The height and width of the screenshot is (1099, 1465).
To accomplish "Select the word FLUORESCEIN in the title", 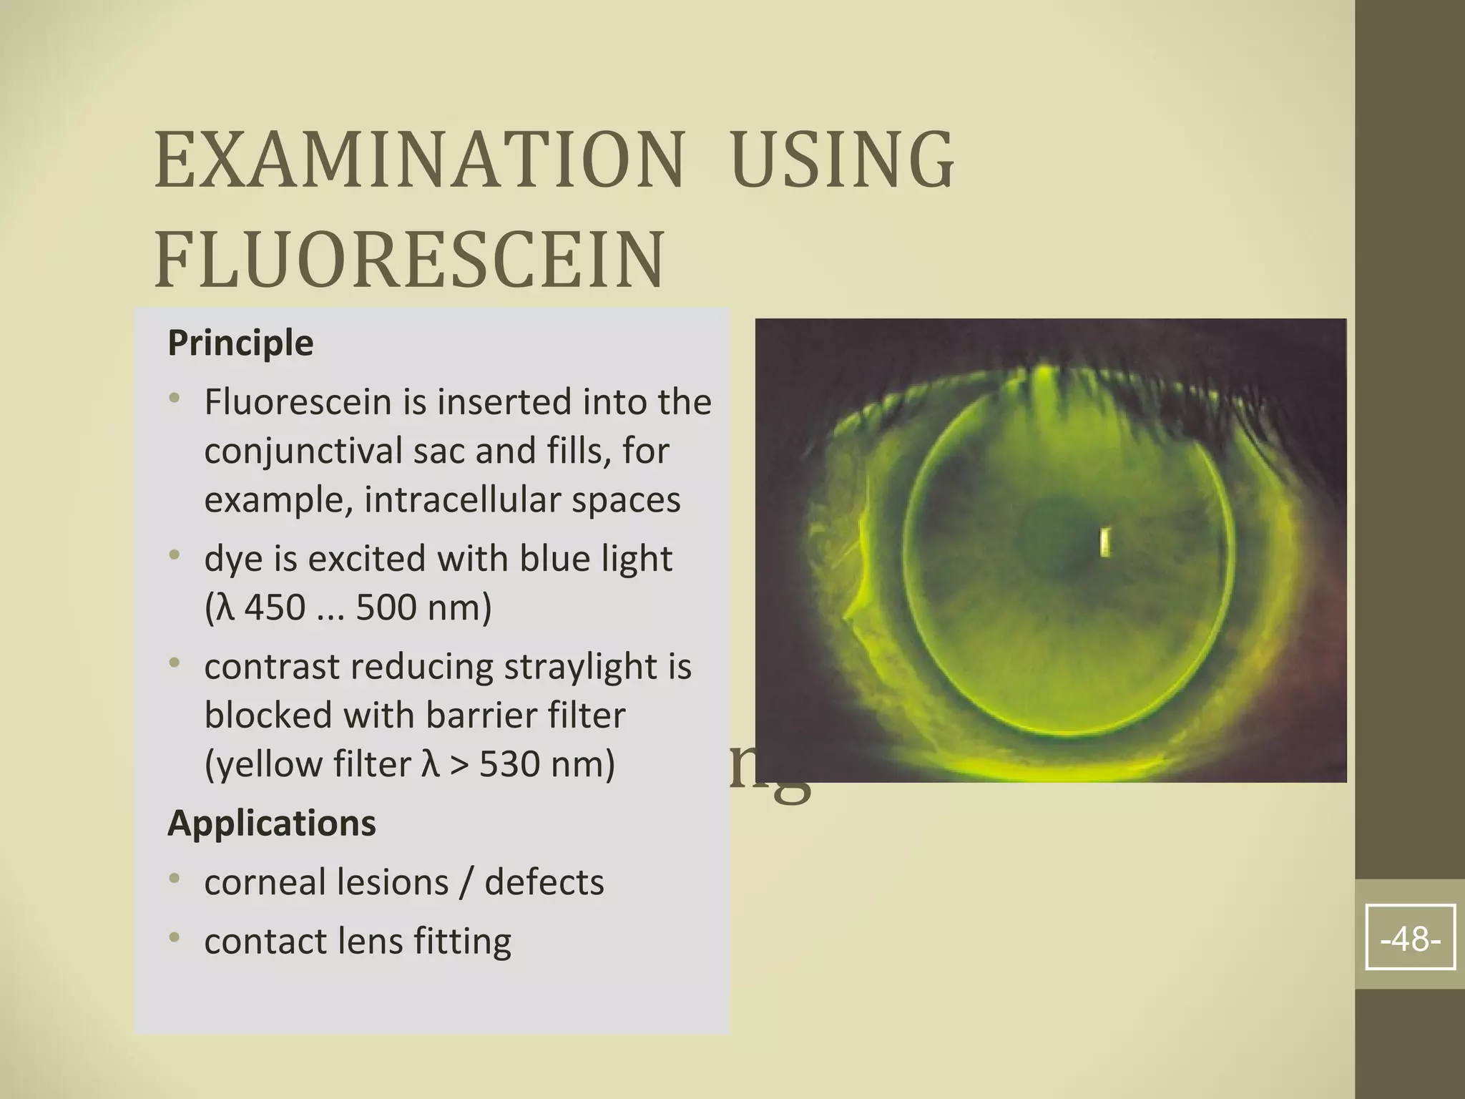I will [x=409, y=259].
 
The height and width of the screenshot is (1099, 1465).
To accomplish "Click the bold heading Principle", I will [x=240, y=343].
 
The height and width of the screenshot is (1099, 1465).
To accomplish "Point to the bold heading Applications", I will [x=271, y=823].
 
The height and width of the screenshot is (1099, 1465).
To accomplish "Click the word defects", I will [x=544, y=881].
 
